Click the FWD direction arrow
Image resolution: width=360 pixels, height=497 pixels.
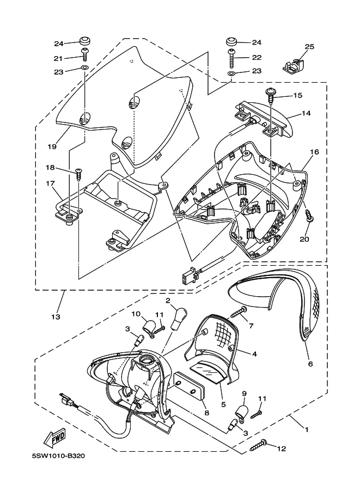(x=56, y=438)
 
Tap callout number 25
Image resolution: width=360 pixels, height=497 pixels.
(x=309, y=47)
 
